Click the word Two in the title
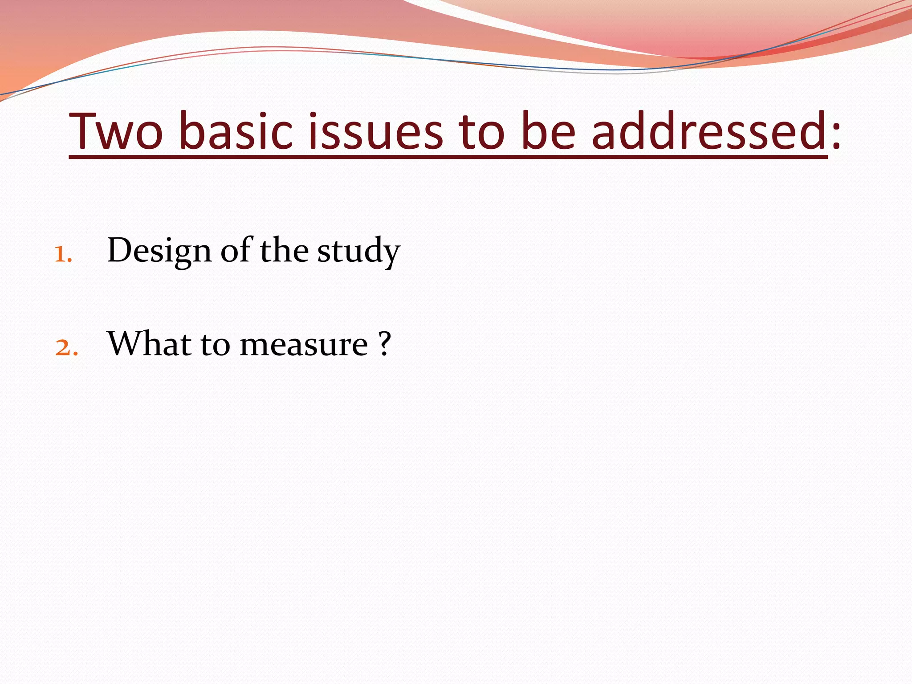117,132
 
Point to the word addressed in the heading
709,132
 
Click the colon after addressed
836,136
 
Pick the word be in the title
548,132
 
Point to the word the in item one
284,250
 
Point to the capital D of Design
121,250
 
